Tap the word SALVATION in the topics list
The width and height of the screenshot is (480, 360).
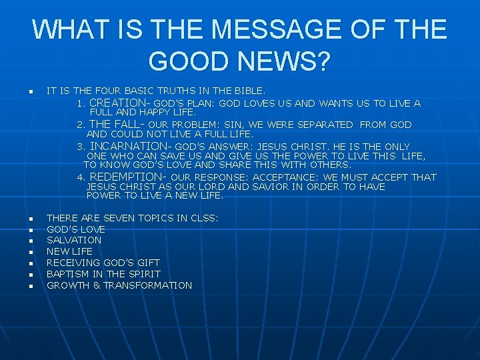(74, 240)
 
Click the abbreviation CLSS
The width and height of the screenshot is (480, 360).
(203, 217)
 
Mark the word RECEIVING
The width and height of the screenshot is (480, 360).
(71, 263)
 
